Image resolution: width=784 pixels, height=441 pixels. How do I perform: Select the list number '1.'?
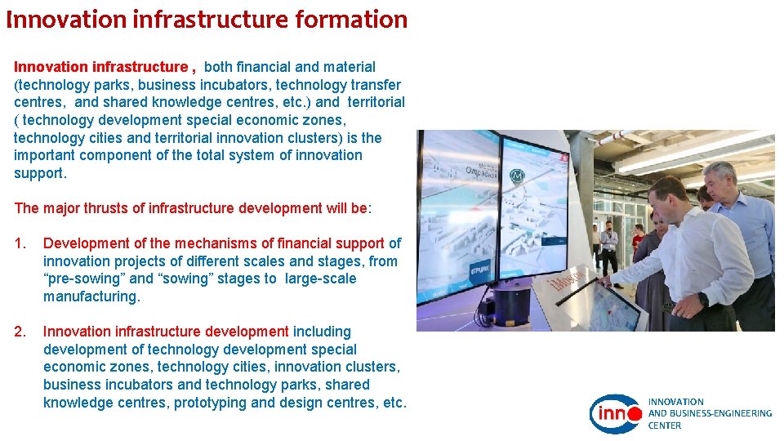(20, 243)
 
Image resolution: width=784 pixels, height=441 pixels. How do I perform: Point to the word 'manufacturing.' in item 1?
(91, 296)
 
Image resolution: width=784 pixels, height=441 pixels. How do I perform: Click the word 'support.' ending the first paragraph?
(40, 173)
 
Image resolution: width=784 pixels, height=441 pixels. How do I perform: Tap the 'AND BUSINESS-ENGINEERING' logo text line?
(709, 413)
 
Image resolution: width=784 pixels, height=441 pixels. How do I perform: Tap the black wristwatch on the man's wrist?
(703, 299)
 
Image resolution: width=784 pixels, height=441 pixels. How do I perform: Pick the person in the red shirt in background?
(638, 237)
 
